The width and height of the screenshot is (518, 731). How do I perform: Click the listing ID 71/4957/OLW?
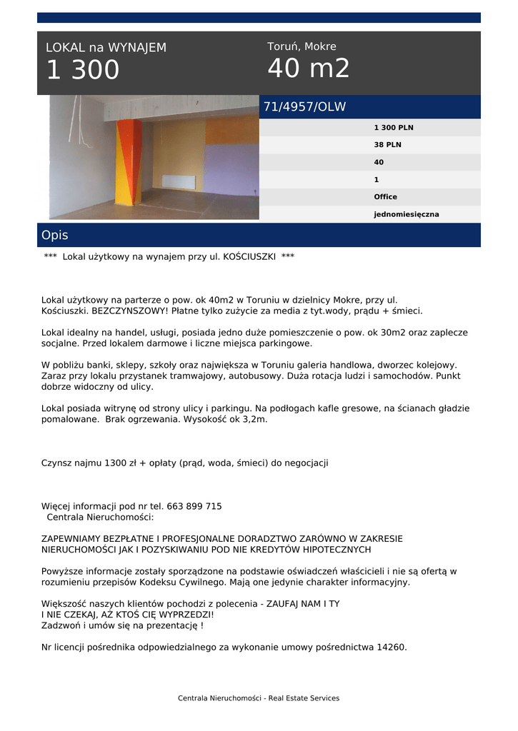pyautogui.click(x=304, y=107)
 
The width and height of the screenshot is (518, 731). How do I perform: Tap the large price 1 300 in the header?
pyautogui.click(x=83, y=71)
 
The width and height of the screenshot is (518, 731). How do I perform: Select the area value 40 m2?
pyautogui.click(x=309, y=69)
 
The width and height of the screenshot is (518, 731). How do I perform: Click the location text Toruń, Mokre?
pyautogui.click(x=302, y=47)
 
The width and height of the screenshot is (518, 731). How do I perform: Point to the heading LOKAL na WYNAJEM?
pyautogui.click(x=106, y=48)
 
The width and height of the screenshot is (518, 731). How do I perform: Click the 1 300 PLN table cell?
pyautogui.click(x=393, y=128)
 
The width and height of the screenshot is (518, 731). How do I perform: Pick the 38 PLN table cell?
pyautogui.click(x=387, y=145)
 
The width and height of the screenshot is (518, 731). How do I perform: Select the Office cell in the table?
pyautogui.click(x=385, y=197)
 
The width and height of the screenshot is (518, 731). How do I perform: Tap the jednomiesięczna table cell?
pyautogui.click(x=406, y=214)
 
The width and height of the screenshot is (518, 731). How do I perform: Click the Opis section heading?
pyautogui.click(x=55, y=235)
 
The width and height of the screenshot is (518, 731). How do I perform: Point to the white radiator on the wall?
pyautogui.click(x=179, y=181)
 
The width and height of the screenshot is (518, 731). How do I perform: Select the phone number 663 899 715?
pyautogui.click(x=194, y=507)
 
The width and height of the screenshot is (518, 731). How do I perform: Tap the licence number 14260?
pyautogui.click(x=392, y=647)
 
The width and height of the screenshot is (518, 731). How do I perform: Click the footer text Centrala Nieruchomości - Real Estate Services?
pyautogui.click(x=259, y=698)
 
